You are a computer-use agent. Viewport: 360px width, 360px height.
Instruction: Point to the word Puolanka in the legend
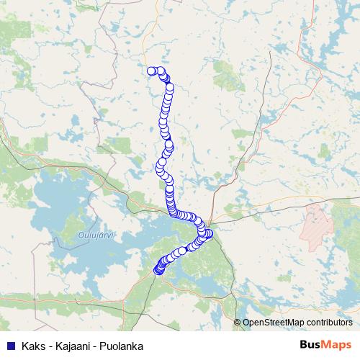pyautogui.click(x=122, y=346)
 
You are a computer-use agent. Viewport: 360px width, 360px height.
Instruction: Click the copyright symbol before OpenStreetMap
pyautogui.click(x=238, y=322)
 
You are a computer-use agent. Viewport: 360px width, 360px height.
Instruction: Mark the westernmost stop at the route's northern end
pyautogui.click(x=152, y=71)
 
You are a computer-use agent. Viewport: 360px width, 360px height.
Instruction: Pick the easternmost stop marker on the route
pyautogui.click(x=210, y=233)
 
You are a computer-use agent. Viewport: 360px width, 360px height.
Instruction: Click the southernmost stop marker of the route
pyautogui.click(x=158, y=271)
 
